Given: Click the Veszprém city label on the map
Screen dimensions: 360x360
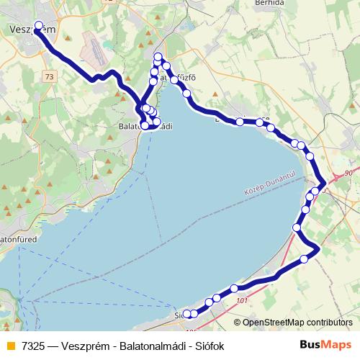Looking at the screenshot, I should pos(33,29).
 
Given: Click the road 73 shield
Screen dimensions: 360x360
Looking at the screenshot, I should pos(48,76).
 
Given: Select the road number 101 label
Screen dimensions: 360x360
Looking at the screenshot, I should pos(241,300).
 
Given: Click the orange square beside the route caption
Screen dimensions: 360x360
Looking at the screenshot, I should pos(9,346).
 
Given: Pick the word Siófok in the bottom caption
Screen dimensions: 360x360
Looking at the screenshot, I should pos(209,346).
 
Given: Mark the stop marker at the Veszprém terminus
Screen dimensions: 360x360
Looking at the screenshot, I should pos(39,25).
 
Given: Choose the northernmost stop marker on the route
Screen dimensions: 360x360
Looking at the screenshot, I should pos(158,56).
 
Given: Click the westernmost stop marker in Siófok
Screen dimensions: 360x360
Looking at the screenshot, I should pos(186,313).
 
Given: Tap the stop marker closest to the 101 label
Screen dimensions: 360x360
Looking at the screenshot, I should pos(234,289).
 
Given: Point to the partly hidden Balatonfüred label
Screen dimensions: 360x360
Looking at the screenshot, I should pos(13,236).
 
